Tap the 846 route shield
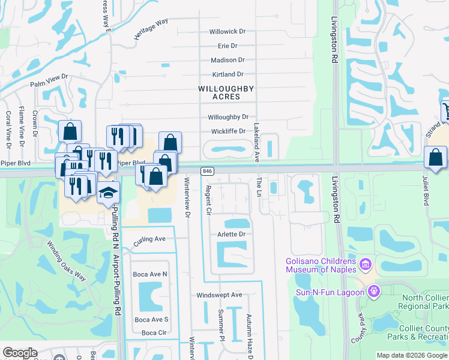coord(207,171)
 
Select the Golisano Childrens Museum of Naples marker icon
coord(364,263)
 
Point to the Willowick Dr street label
coord(228,31)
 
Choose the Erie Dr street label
coord(228,46)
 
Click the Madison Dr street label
coord(228,60)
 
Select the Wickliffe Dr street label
coord(228,131)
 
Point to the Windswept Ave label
coord(219,295)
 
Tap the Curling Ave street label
coord(149,238)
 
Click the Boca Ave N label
coord(151,274)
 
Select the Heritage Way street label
coord(151,29)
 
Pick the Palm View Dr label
coord(50,80)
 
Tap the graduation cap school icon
coord(109,193)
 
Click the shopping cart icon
coord(445,110)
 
